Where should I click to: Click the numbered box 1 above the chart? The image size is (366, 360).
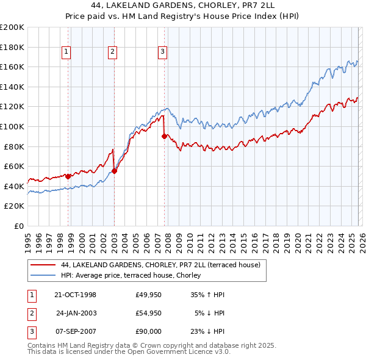[x=65, y=52]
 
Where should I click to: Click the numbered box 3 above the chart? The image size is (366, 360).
[x=163, y=52]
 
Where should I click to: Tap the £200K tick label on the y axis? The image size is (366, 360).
[x=12, y=27]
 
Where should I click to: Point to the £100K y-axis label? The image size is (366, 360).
[x=12, y=126]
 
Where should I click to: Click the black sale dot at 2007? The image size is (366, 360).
[x=164, y=137]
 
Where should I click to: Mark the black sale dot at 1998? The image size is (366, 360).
[x=68, y=176]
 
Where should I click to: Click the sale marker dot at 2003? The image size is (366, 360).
[x=115, y=171]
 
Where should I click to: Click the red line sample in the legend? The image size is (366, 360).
[x=42, y=265]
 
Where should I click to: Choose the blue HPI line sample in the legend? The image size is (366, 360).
[x=42, y=275]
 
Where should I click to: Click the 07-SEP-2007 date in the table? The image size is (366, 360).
[x=75, y=333]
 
